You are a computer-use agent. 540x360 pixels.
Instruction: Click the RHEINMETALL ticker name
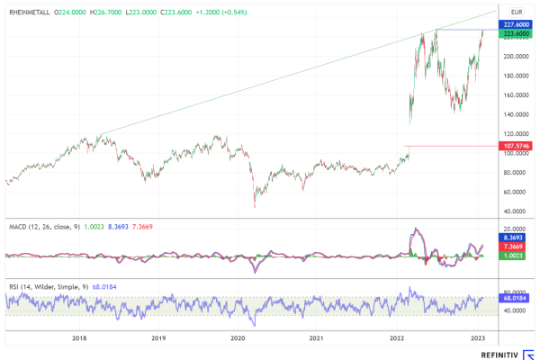pyautogui.click(x=29, y=13)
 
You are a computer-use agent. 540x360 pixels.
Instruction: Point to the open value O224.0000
pyautogui.click(x=73, y=13)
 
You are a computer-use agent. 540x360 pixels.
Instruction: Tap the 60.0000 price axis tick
pyautogui.click(x=514, y=192)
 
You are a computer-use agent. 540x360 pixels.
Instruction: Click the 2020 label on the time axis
pyautogui.click(x=238, y=338)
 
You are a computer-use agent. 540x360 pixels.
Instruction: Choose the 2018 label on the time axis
pyautogui.click(x=79, y=338)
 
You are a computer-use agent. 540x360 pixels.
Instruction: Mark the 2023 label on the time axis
pyautogui.click(x=479, y=338)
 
